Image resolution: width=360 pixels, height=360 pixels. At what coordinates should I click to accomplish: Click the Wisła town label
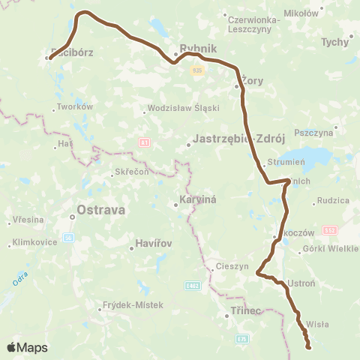(x=318, y=325)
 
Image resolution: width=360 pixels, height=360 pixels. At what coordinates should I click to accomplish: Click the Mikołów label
(x=304, y=13)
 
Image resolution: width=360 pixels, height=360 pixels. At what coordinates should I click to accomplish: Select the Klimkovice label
(x=36, y=242)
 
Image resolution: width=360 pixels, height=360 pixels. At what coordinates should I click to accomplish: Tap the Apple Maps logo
(x=27, y=347)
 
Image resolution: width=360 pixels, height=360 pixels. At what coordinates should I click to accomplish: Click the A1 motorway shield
(x=144, y=141)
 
